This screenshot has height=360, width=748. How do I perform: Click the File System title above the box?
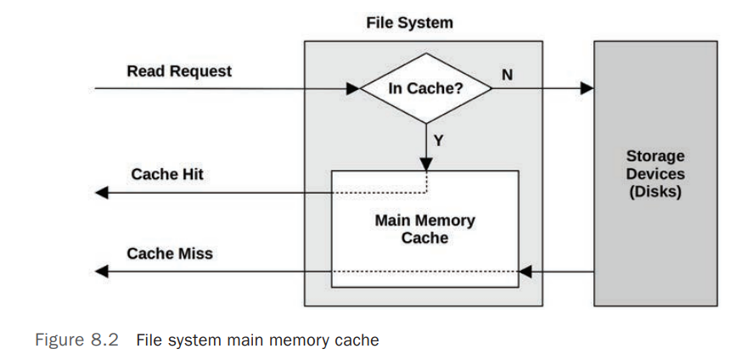pyautogui.click(x=409, y=23)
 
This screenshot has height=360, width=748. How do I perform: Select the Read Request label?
pyautogui.click(x=178, y=70)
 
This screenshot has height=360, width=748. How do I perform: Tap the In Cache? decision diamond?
pyautogui.click(x=425, y=88)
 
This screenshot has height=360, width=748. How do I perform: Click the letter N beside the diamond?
pyautogui.click(x=507, y=74)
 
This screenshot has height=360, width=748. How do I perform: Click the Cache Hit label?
pyautogui.click(x=167, y=174)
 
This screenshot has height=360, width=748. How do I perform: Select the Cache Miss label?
pyautogui.click(x=170, y=253)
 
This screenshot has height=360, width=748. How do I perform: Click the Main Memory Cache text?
pyautogui.click(x=425, y=229)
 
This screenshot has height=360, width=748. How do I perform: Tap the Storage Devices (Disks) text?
pyautogui.click(x=655, y=174)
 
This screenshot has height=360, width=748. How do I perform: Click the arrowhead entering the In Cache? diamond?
pyautogui.click(x=354, y=87)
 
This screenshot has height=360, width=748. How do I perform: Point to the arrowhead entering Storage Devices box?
pyautogui.click(x=586, y=87)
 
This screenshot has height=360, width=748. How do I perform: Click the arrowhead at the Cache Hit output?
pyautogui.click(x=102, y=193)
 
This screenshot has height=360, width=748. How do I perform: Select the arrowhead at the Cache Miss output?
pyautogui.click(x=102, y=272)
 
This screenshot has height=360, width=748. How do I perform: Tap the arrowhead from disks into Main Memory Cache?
pyautogui.click(x=525, y=272)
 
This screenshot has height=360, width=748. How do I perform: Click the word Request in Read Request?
pyautogui.click(x=201, y=70)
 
